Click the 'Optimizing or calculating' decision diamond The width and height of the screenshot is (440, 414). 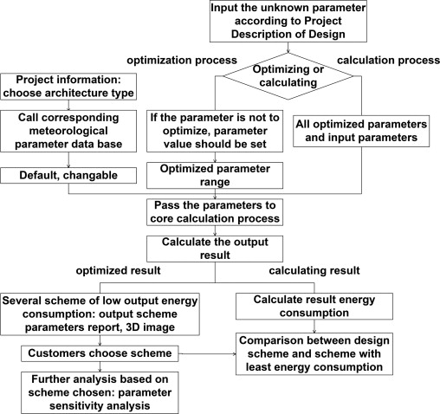(x=288, y=76)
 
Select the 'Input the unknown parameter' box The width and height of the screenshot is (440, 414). (x=288, y=22)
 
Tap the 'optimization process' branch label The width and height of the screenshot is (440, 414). (x=182, y=61)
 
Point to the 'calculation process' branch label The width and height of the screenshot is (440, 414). (x=388, y=60)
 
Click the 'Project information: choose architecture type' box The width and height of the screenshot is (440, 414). (x=68, y=87)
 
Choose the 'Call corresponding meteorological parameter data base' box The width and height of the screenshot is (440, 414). (x=68, y=131)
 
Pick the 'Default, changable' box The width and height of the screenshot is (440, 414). (x=68, y=176)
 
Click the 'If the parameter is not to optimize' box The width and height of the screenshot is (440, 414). (x=215, y=131)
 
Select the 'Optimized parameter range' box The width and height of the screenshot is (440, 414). (x=215, y=176)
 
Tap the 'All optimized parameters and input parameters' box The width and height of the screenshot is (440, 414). (x=361, y=131)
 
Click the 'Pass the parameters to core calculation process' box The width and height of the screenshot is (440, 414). (x=215, y=212)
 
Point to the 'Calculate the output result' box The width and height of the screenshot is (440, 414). (x=215, y=249)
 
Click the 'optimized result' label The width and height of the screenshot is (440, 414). (x=118, y=270)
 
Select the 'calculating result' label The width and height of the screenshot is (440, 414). (x=314, y=270)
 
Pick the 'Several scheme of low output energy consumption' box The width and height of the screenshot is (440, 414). (x=100, y=314)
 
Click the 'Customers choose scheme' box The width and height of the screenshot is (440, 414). (x=100, y=353)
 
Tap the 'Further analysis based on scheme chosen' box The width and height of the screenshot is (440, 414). (x=100, y=392)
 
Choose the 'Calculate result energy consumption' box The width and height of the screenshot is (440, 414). (x=314, y=307)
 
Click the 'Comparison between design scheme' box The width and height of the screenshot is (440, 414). (x=314, y=354)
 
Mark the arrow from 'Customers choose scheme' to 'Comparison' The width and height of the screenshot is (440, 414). (x=207, y=353)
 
